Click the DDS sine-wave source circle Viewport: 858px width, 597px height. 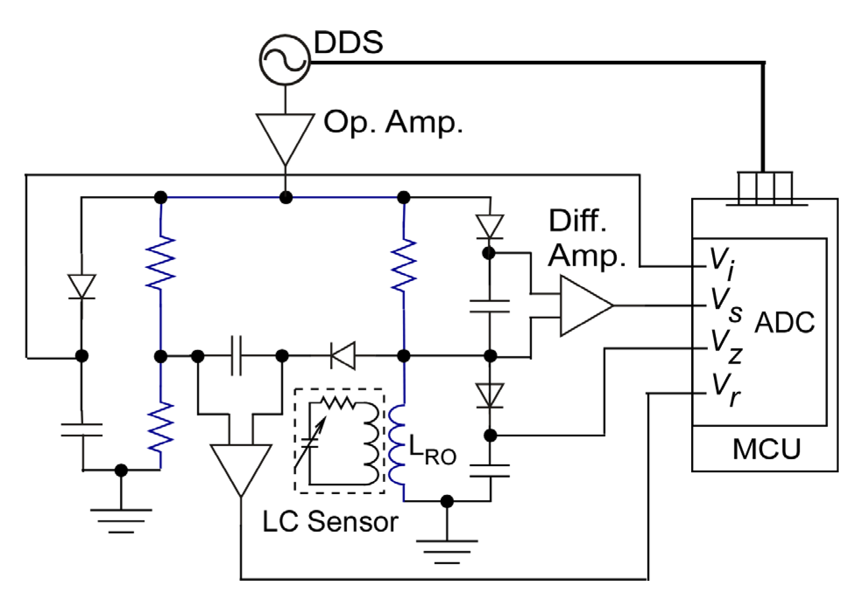285,60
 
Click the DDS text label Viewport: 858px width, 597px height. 348,42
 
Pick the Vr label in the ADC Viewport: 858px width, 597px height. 725,389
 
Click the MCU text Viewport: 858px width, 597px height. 766,449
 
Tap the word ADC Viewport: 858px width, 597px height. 784,323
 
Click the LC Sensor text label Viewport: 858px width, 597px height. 330,522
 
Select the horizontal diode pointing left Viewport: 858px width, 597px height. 343,356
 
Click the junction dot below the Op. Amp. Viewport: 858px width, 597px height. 285,198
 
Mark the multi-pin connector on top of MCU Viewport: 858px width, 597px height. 765,188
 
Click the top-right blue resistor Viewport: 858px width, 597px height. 404,265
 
